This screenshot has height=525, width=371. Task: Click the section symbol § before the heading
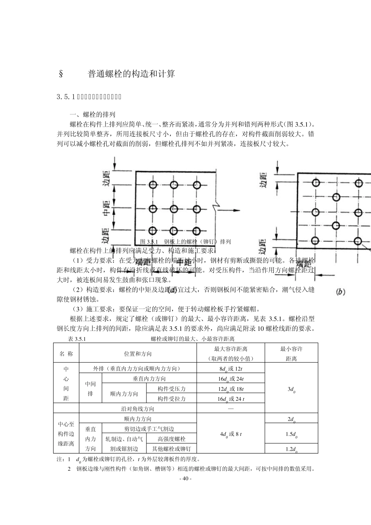point(61,74)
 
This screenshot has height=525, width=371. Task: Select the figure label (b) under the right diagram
point(341,291)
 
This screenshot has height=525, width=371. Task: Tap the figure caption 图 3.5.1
point(185,241)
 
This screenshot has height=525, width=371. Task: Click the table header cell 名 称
point(66,354)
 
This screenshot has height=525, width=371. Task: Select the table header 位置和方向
point(138,354)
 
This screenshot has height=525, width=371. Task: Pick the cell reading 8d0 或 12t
point(231,369)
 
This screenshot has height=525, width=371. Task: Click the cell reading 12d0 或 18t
point(231,389)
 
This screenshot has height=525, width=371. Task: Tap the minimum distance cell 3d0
point(291,389)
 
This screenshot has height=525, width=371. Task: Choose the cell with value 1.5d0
point(291,434)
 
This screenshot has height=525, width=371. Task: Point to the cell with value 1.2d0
point(291,449)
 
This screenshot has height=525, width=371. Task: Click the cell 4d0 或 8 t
point(231,434)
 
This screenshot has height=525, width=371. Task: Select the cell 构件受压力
point(171,389)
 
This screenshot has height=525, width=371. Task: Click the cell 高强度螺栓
point(171,439)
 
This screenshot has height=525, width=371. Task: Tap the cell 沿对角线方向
point(138,409)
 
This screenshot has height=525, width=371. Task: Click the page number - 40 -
point(185,479)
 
